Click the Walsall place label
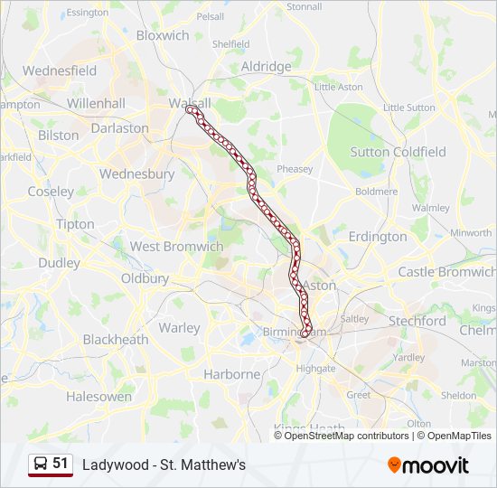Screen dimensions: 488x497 pos(190,103)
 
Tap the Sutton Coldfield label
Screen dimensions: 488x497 pos(398,152)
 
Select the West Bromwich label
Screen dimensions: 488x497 pos(176,246)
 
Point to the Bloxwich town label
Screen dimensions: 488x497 pos(163,35)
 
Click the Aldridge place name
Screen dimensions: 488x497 pos(267,67)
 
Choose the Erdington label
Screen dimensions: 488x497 pos(378,237)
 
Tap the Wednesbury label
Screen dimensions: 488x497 pos(136,174)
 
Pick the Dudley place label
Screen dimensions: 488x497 pos(59,263)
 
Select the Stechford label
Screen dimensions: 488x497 pos(417,321)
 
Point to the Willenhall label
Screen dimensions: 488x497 pos(96,104)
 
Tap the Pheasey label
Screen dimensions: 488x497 pos(295,169)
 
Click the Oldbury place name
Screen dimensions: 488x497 pos(145,278)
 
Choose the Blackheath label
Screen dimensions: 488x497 pos(116,340)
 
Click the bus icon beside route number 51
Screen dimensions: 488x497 pos(41,465)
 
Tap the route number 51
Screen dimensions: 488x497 pos(61,464)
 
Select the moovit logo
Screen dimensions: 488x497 pos(428,465)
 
